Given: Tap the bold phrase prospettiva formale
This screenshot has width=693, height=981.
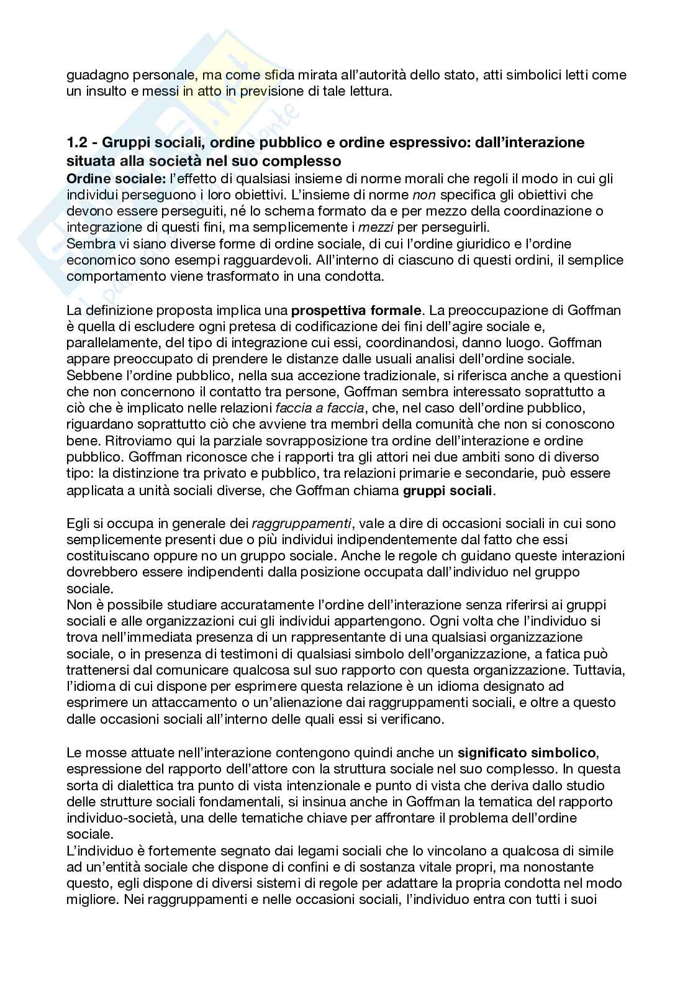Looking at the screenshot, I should point(356,309).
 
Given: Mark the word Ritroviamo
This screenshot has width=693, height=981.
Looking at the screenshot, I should point(125,440).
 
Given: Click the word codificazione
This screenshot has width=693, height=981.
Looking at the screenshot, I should point(348,326).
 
